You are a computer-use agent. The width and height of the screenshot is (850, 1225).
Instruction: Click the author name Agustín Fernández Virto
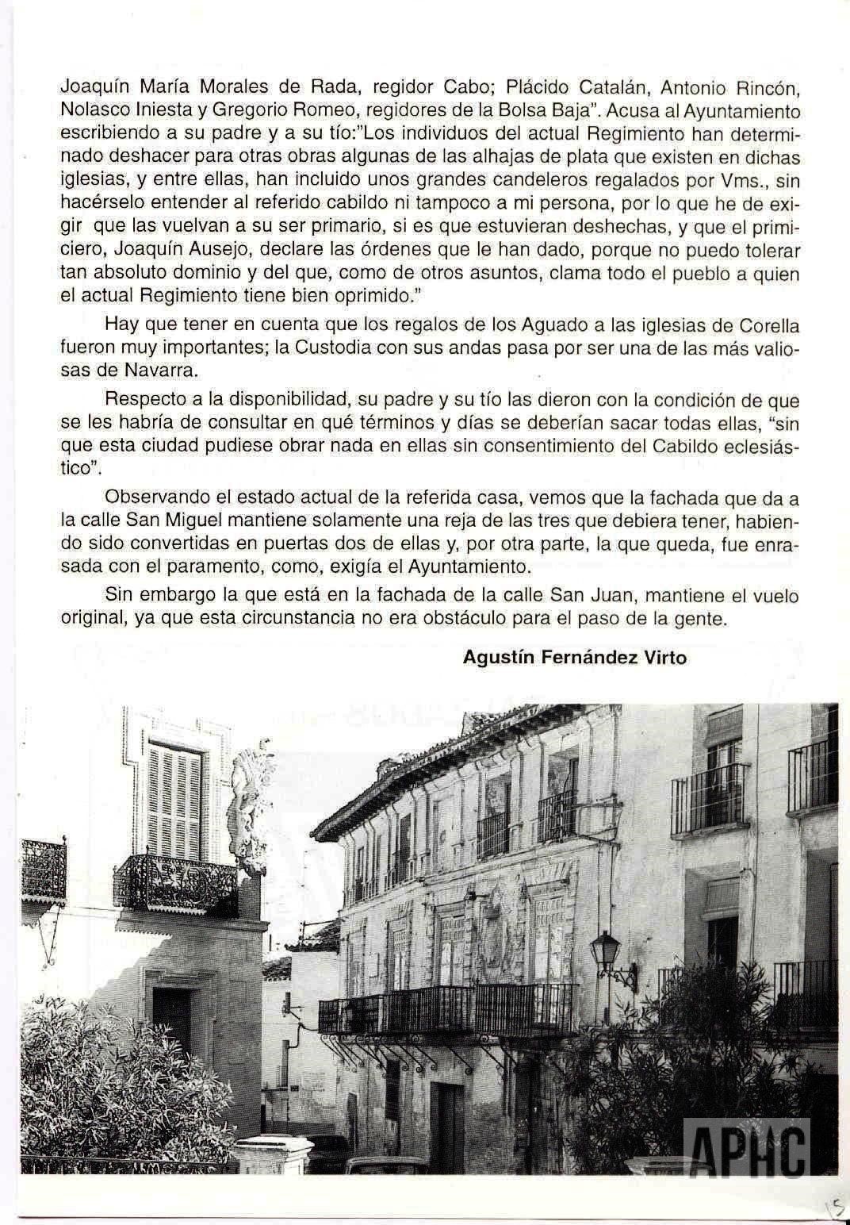coord(575,658)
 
